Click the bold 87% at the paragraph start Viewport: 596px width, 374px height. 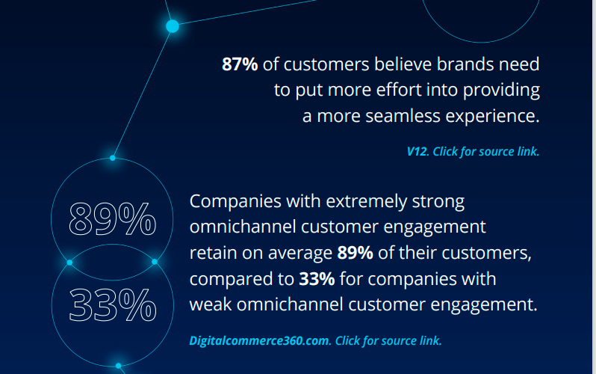click(240, 64)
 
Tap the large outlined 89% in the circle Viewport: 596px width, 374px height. click(113, 219)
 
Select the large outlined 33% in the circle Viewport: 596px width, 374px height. click(113, 304)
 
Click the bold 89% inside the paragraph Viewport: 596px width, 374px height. click(355, 253)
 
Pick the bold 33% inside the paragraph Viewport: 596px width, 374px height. click(317, 279)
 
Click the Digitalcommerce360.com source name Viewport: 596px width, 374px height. click(260, 340)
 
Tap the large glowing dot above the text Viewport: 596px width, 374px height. click(173, 26)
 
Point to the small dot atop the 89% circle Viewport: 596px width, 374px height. click(113, 158)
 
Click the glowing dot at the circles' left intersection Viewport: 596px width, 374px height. click(69, 263)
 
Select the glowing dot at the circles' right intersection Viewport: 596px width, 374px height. click(155, 262)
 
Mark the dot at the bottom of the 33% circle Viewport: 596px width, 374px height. click(119, 366)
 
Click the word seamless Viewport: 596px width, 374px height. click(403, 116)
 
